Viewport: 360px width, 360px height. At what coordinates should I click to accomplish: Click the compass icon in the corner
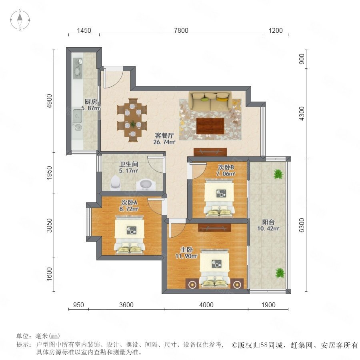point(20,20)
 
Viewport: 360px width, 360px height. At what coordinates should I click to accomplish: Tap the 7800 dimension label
point(181,30)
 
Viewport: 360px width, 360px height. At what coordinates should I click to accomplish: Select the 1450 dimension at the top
point(84,30)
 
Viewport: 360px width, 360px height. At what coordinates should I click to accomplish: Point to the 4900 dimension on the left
point(49,101)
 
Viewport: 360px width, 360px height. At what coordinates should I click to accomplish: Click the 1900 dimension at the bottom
point(268,305)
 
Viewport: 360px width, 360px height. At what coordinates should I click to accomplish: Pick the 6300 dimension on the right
point(302,225)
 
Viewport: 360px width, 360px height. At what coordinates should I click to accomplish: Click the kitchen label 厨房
point(91,102)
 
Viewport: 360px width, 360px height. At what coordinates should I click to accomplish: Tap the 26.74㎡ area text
point(164,142)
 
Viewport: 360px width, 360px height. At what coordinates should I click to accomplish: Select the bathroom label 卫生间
point(129,164)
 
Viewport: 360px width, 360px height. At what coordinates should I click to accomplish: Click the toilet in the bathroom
point(115,183)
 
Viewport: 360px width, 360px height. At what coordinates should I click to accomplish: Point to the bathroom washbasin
point(146,185)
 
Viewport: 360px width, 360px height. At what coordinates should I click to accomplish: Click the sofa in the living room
point(210,101)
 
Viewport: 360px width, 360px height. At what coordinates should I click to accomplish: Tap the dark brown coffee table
point(210,126)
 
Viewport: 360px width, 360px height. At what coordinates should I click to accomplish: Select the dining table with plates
point(132,120)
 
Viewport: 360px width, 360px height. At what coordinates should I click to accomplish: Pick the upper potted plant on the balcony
point(278,174)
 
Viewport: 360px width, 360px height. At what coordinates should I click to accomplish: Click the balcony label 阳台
point(268,222)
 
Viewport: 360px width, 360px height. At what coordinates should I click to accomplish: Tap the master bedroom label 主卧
point(186,250)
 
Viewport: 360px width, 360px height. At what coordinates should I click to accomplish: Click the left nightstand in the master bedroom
point(192,284)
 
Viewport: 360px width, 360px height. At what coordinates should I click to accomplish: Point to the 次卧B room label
point(226,167)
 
